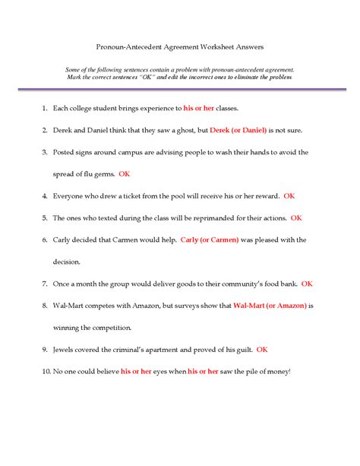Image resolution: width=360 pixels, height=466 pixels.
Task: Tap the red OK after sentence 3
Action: coord(125,174)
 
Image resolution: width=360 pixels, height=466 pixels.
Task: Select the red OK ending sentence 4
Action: coord(289,196)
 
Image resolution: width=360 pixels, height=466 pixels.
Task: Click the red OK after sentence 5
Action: coord(296,218)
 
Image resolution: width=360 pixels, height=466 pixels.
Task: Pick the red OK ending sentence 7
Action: coord(307,284)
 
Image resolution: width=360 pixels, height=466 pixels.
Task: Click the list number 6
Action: coord(45,240)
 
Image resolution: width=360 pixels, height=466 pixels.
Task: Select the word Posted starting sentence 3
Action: coord(65,153)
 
